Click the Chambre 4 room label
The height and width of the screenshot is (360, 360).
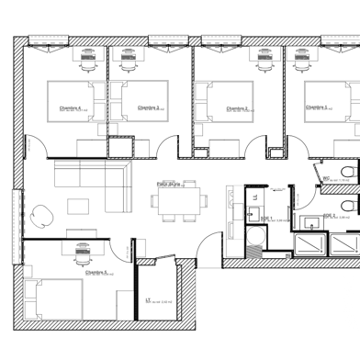(x=73, y=107)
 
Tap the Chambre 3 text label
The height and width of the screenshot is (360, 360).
(x=150, y=107)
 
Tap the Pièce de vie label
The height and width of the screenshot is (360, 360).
(x=166, y=185)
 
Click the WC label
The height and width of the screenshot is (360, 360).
(x=326, y=180)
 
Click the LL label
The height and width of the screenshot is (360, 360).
(x=255, y=197)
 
